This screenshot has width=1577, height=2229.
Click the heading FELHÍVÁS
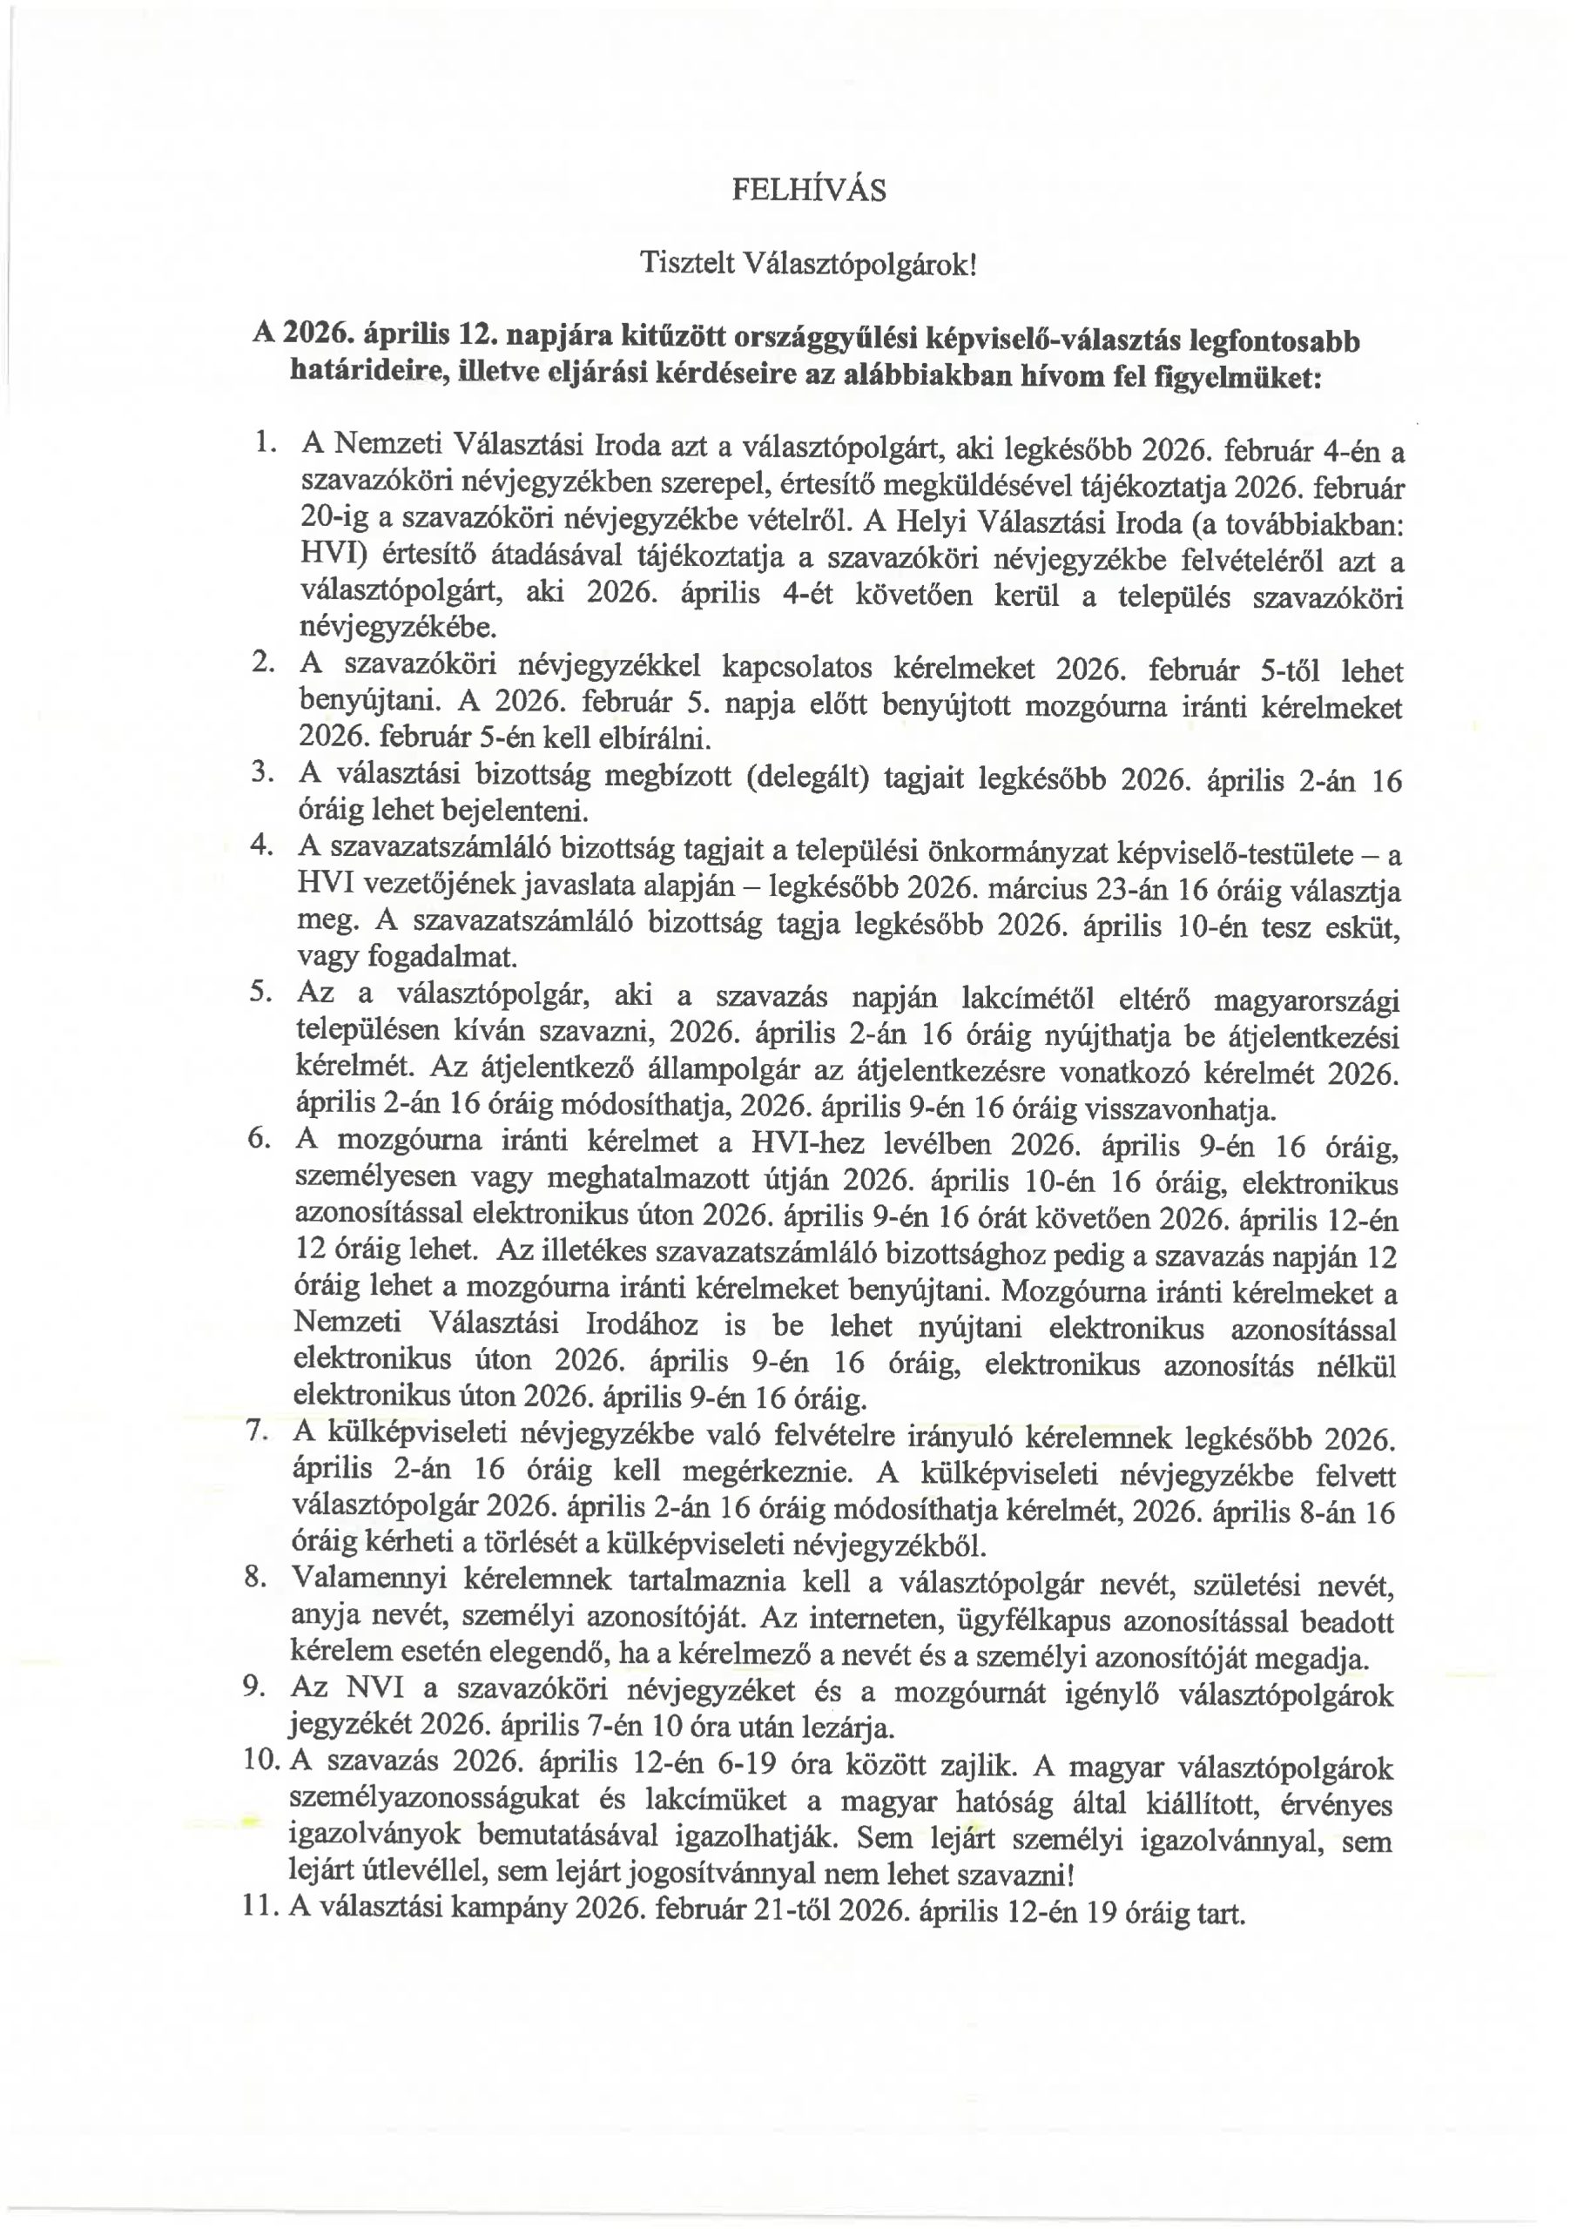(808, 191)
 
